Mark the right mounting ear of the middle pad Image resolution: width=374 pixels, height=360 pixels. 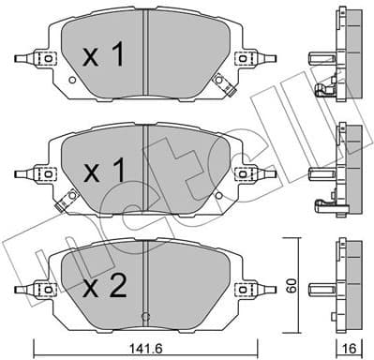coord(246,172)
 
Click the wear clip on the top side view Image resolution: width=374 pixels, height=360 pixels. coord(323,91)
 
